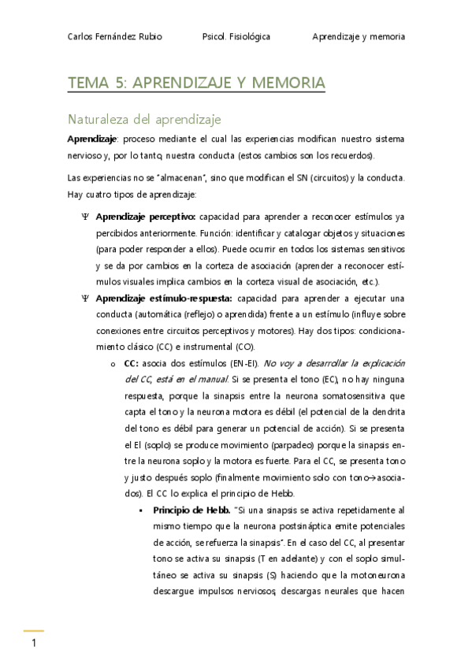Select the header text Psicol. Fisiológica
pos(236,37)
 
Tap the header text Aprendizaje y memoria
pos(359,37)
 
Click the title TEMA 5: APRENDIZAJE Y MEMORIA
pos(196,83)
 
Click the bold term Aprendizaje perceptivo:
pos(146,216)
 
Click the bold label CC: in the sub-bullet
pos(132,363)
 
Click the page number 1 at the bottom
pos(34,644)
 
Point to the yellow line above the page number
pos(33,631)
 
